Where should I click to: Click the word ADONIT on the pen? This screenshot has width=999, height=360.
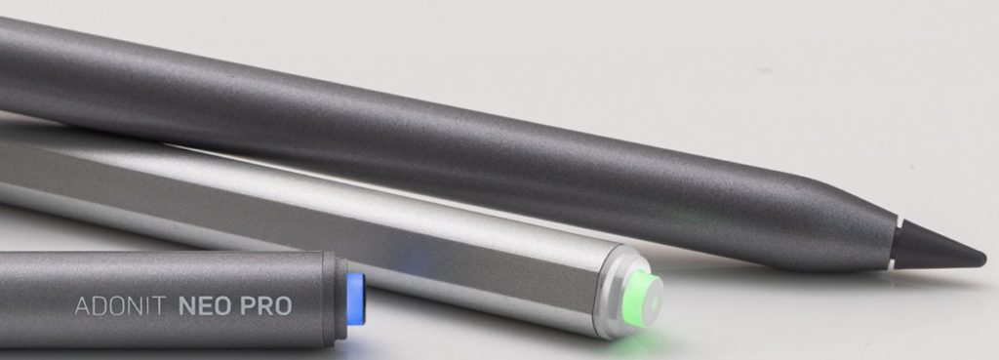[x=120, y=306]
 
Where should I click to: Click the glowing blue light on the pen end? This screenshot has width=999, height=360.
[x=355, y=299]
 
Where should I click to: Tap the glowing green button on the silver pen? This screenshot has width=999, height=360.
[x=643, y=299]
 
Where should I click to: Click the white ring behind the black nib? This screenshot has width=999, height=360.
[x=895, y=242]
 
